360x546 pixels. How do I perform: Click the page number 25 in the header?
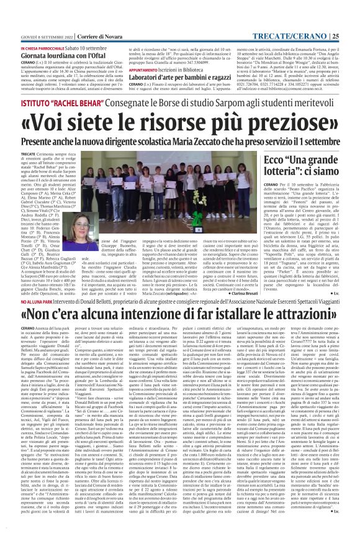[352, 6]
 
